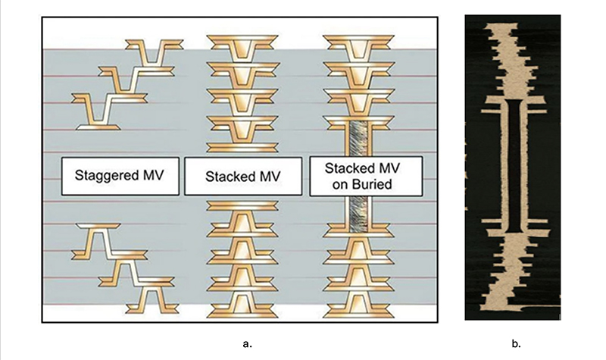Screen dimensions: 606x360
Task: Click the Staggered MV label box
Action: [x=120, y=176]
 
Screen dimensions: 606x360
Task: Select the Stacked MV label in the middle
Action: [x=243, y=177]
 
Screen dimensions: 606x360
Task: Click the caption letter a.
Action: [x=248, y=344]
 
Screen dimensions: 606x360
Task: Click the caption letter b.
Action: [x=516, y=343]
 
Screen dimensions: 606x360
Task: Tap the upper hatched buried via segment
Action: [x=358, y=139]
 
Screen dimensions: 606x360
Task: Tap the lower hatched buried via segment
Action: [x=358, y=214]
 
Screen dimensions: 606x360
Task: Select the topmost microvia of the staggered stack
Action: [x=155, y=52]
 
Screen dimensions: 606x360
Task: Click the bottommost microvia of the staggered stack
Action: [x=152, y=300]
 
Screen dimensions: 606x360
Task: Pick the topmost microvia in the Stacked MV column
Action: [x=242, y=47]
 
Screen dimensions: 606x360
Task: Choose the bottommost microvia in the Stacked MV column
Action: [x=242, y=305]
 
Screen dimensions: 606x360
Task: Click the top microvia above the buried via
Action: [x=358, y=47]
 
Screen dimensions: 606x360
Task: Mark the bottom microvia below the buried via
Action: [x=358, y=305]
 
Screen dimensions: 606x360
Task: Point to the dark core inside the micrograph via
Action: [x=514, y=165]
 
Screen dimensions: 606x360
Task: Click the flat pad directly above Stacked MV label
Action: [x=242, y=147]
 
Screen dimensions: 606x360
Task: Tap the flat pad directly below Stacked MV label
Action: [x=242, y=205]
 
